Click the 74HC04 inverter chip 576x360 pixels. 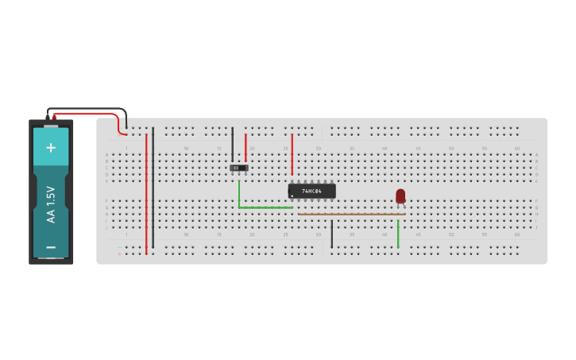coord(311,191)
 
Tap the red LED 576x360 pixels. coord(400,195)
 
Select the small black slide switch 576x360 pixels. coord(238,168)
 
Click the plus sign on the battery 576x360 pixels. coord(51,148)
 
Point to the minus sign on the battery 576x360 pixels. coord(51,247)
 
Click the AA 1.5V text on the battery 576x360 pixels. coord(51,204)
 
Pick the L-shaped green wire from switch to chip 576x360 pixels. coord(262,207)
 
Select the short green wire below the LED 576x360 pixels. coord(398,234)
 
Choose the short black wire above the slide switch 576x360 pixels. coord(233,144)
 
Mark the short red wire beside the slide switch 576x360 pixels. coord(245,148)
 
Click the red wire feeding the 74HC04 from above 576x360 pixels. coord(292,153)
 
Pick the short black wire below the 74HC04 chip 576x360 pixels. coord(332,234)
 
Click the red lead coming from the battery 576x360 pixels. coord(87,114)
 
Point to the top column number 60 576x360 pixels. coord(517,148)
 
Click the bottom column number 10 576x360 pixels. coord(186,234)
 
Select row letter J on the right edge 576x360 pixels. coord(536,227)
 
